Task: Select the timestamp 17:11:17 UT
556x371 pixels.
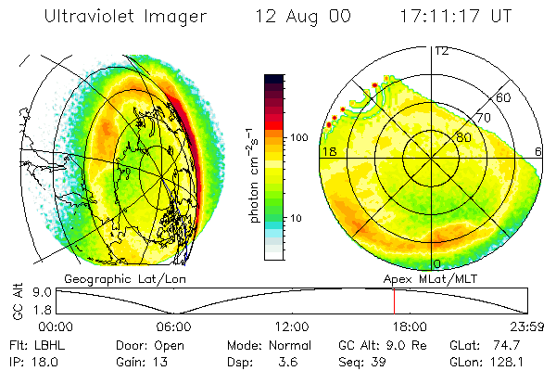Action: tap(456, 17)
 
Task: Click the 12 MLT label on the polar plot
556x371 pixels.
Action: tap(442, 51)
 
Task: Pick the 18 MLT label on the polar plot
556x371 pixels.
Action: tap(328, 150)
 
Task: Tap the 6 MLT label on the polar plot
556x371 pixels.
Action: tap(539, 150)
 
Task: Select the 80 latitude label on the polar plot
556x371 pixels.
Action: tap(462, 138)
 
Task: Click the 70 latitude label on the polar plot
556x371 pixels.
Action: tap(482, 118)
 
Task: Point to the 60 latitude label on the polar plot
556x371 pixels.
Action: tap(503, 97)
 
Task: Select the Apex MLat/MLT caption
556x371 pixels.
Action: tap(423, 278)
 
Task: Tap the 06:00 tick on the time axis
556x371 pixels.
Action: tap(173, 326)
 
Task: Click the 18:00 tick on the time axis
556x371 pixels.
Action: tap(409, 326)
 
